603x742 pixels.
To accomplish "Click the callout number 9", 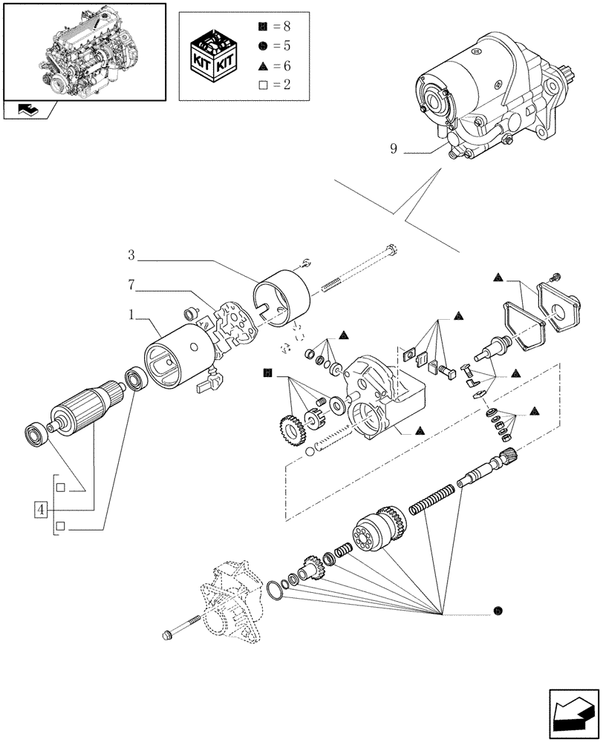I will coord(394,149).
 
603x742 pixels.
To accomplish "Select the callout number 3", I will coord(131,256).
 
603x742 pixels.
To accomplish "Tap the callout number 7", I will coord(131,284).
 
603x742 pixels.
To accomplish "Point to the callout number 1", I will coord(131,315).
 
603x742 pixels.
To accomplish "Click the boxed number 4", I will coord(41,510).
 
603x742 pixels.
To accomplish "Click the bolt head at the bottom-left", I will coord(167,634).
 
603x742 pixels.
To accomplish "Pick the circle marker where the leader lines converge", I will coord(497,611).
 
